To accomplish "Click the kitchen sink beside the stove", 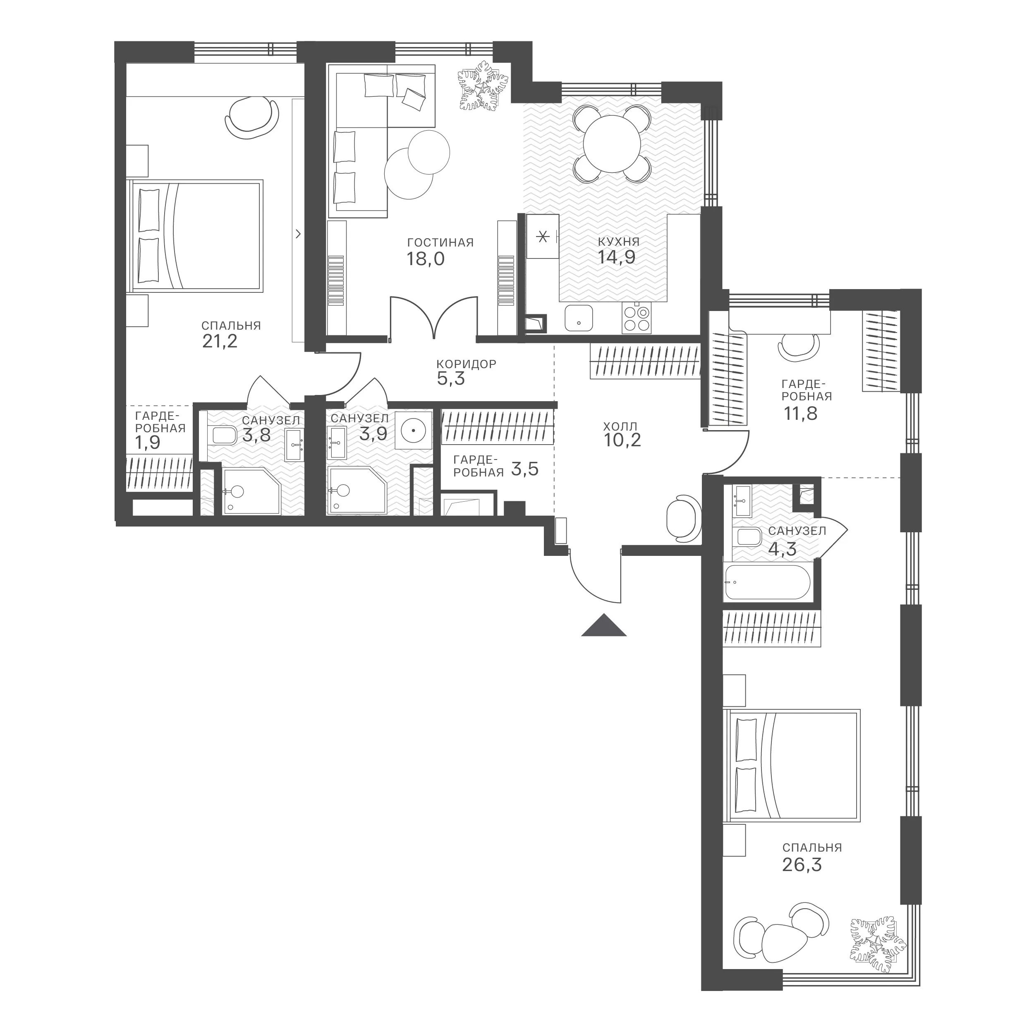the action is coord(579,318).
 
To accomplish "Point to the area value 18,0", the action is coord(426,259).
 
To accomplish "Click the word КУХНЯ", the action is coord(619,242).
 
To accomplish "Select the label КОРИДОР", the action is coord(466,364).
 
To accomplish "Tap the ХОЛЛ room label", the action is coord(620,426).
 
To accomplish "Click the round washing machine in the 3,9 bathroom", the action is coord(413,430).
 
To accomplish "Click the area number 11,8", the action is coord(801,414).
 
